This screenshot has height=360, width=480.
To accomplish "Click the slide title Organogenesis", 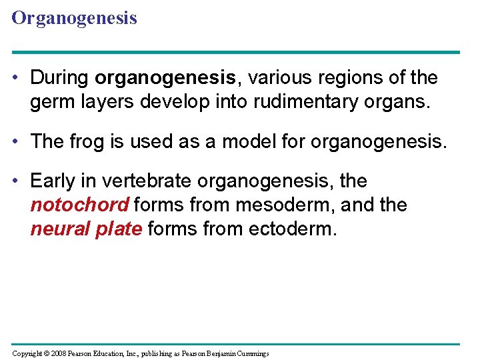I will coord(74,18).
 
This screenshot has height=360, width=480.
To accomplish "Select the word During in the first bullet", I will coord(60,78).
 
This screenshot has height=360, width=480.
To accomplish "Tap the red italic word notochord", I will coord(79,205).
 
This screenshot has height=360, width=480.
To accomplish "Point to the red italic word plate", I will coord(121,230).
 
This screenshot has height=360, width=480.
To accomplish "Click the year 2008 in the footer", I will coord(59,353).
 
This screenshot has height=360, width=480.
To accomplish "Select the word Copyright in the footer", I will coord(26,353).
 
